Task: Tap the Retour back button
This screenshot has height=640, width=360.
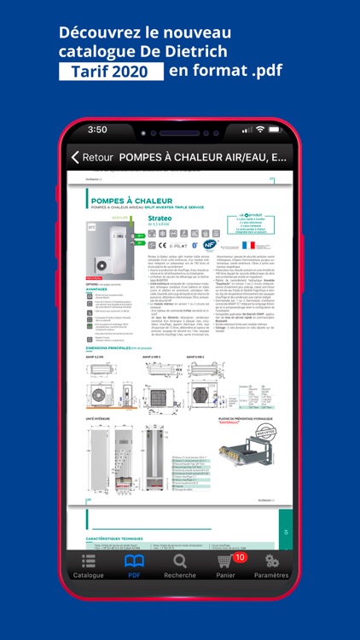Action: (91, 157)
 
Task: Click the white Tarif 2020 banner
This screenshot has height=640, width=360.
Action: (111, 72)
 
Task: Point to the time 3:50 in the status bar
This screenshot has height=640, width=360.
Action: (97, 130)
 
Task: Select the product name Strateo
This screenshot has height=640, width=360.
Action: (160, 218)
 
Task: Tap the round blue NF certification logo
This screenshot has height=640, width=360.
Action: (210, 244)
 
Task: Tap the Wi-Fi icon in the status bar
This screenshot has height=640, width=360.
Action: (259, 130)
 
